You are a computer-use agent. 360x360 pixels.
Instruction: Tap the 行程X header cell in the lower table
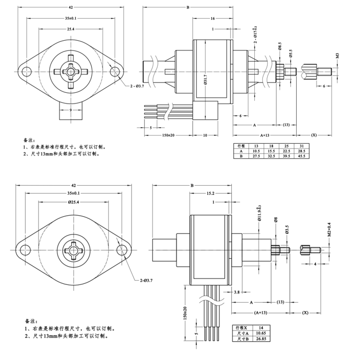[x=243, y=326]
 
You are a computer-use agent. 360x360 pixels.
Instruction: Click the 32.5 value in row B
[x=273, y=156]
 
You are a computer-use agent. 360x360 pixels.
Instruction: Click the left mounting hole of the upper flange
[x=26, y=71]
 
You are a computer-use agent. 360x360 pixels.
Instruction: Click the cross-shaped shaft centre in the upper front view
[x=70, y=71]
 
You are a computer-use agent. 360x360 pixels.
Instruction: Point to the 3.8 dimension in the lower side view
[x=237, y=292]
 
